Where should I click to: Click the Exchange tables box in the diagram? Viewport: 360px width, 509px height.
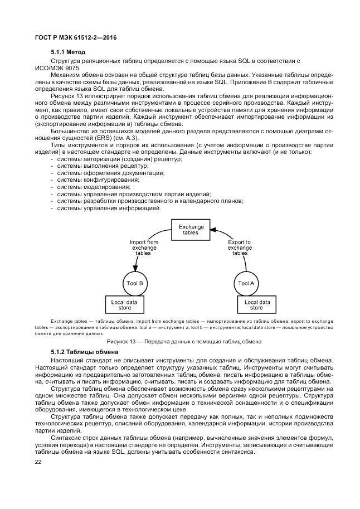point(191,230)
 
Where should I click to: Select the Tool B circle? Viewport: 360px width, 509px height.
point(135,283)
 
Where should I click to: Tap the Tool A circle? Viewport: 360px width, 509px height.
point(246,283)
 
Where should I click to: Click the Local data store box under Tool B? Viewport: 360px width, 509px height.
point(124,304)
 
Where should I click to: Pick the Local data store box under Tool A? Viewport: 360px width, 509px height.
point(256,304)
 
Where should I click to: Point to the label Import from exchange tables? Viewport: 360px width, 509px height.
point(144,247)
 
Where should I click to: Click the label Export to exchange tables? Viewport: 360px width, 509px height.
point(240,247)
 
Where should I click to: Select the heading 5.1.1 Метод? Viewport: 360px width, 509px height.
point(67,52)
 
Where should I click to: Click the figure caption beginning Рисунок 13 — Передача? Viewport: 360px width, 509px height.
point(184,341)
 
